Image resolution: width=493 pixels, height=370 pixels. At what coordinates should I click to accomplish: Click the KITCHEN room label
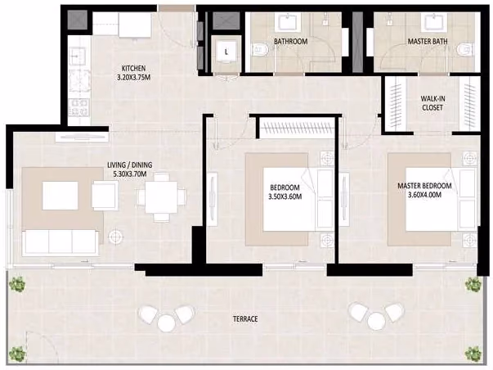point(133,68)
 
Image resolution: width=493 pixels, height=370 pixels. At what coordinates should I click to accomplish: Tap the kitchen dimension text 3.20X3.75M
point(133,77)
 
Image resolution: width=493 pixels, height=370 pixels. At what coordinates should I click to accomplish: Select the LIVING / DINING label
point(129,165)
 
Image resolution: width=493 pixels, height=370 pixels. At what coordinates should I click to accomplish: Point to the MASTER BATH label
point(428,41)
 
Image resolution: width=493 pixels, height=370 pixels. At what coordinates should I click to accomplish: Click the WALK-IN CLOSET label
point(432,103)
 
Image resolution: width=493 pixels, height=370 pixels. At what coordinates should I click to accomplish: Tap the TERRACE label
point(245,319)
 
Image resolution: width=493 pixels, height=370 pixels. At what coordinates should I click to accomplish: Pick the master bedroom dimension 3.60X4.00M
point(424,195)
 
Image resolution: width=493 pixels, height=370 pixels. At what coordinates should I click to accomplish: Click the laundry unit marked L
point(226,52)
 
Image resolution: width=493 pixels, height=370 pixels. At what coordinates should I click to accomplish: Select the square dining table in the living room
point(161,197)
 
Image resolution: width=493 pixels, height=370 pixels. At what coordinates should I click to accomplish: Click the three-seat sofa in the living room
point(61,241)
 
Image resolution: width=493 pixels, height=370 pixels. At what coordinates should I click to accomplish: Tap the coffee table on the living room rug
point(60,196)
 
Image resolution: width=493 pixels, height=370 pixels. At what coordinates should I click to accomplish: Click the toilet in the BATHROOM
point(260,50)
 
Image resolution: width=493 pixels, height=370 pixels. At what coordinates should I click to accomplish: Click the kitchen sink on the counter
point(77,56)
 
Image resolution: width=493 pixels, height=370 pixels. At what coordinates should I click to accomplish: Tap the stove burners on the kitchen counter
point(79,107)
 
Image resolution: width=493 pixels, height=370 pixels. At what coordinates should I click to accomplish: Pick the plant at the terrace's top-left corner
point(17,284)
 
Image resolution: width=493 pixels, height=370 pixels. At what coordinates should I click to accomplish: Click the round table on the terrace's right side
point(376,322)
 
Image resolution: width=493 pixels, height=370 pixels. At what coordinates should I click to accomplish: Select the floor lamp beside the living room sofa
point(116,237)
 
